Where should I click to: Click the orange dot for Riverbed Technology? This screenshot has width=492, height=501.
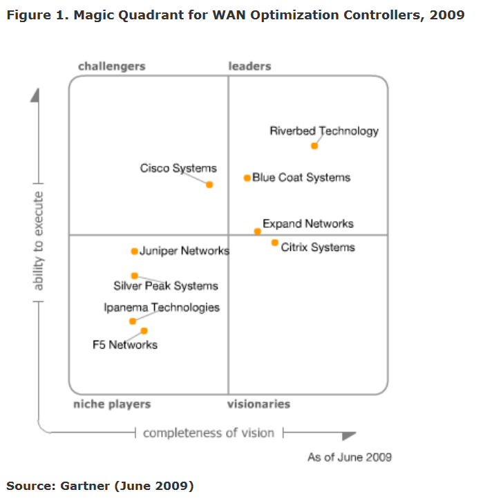pos(314,146)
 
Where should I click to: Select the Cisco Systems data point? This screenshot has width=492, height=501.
pos(209,185)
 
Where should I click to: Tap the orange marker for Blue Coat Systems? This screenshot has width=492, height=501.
pos(247,178)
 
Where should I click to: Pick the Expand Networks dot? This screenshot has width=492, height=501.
pos(258,231)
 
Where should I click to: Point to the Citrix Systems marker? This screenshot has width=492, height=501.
pos(275,243)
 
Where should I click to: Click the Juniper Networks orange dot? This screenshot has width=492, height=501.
pos(134,252)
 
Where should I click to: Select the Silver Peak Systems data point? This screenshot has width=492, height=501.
pos(135,276)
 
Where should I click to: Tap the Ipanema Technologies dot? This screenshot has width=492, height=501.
pos(133,321)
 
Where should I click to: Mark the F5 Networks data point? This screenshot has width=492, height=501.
pos(144,331)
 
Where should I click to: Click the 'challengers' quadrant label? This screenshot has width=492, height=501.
pos(112,66)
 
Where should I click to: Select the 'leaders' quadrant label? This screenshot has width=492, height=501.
pos(249,66)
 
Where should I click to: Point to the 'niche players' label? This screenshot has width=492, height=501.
pos(112,404)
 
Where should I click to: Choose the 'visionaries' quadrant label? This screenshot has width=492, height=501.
pos(258,404)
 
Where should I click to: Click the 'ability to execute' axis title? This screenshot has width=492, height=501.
pos(39,240)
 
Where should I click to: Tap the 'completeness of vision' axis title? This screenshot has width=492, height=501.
pos(209,433)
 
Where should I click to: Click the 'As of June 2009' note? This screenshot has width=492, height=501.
pos(350,457)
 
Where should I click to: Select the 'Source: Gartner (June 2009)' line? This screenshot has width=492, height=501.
pos(100,486)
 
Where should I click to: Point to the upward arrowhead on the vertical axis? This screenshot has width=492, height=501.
pos(35,95)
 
